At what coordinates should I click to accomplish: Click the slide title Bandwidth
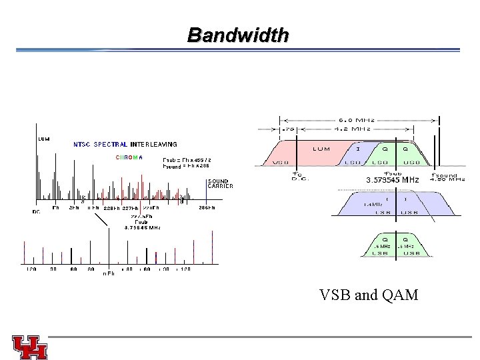click(238, 35)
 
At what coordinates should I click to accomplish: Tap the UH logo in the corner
click(30, 347)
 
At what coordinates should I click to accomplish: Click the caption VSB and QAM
click(369, 294)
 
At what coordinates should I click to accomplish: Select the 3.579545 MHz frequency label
click(393, 180)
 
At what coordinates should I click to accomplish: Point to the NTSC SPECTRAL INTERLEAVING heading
click(125, 144)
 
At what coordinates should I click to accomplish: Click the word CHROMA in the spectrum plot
click(129, 157)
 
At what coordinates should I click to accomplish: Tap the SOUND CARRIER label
click(221, 183)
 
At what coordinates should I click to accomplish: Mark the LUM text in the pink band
click(321, 149)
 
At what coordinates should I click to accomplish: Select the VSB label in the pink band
click(281, 162)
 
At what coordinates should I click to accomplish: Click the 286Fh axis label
click(207, 209)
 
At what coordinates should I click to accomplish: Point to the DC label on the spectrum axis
click(37, 212)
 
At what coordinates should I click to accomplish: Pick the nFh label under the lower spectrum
click(108, 273)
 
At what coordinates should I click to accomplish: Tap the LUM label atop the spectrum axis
click(43, 139)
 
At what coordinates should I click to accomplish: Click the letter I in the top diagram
click(358, 149)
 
